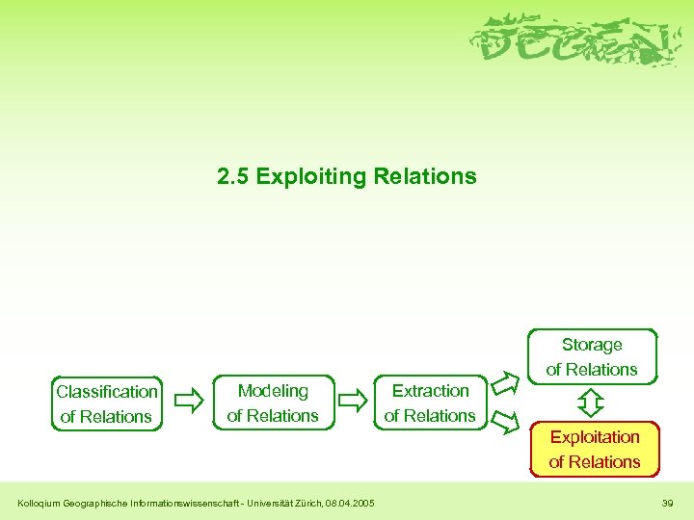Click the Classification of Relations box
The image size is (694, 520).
coord(107,403)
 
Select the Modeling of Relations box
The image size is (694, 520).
coord(273,403)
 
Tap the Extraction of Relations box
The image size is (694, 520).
coord(430,403)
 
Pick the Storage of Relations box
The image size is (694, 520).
coord(592,356)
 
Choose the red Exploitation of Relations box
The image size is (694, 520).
coord(595,449)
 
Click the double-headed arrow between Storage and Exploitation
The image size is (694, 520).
coord(592,402)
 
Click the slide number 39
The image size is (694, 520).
coord(668,503)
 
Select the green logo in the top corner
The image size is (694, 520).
coord(573,41)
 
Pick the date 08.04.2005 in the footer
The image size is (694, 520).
coord(350,503)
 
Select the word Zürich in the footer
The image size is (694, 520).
coord(307,503)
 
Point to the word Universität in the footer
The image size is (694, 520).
coord(264,503)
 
